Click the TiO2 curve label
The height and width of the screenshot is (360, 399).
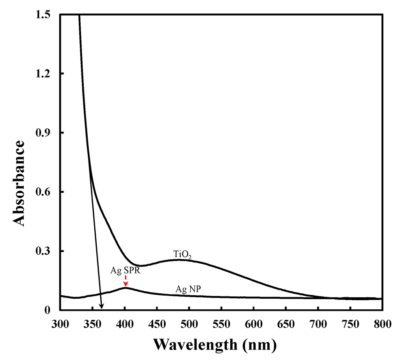tap(182, 255)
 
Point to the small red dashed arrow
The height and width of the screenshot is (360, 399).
tap(125, 281)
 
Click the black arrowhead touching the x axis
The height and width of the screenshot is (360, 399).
tap(102, 307)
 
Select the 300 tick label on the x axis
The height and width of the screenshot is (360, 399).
tap(60, 323)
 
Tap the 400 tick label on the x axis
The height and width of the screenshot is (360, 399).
tap(125, 323)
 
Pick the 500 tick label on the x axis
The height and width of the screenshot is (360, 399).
tap(189, 323)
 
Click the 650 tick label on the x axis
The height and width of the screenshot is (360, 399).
tap(286, 323)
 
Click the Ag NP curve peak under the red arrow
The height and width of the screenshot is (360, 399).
tap(125, 288)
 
